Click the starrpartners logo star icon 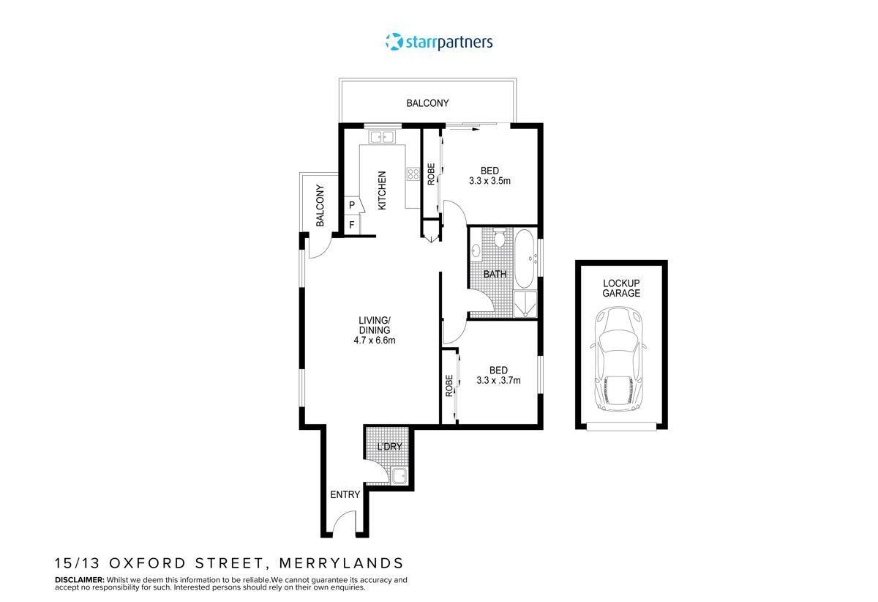tap(394, 42)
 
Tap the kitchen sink tap(382, 136)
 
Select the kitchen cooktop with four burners tap(413, 174)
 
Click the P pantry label tap(352, 205)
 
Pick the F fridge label tap(352, 225)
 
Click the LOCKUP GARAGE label tap(621, 288)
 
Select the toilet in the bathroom tap(500, 239)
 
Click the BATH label tap(495, 275)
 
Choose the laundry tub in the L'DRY tap(399, 476)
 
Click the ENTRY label tap(345, 494)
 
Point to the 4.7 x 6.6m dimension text tap(375, 340)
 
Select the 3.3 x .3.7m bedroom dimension tap(498, 380)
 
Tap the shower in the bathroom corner tap(525, 304)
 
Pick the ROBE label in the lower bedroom tap(449, 386)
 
